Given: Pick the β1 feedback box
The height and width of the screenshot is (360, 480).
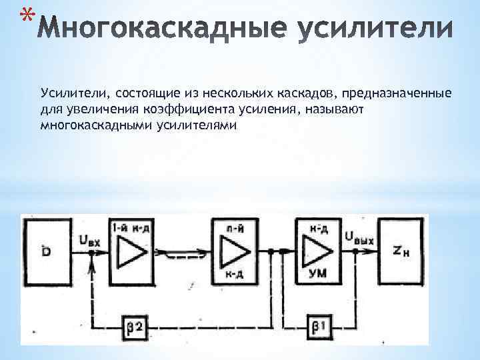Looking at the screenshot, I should (318, 326).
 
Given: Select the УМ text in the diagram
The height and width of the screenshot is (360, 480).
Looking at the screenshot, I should (319, 273).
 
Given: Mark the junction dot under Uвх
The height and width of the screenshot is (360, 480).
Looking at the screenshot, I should (91, 254).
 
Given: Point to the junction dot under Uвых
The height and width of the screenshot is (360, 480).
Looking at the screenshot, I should (355, 251).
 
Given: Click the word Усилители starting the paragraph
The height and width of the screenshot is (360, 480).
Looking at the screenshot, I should (69, 91).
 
